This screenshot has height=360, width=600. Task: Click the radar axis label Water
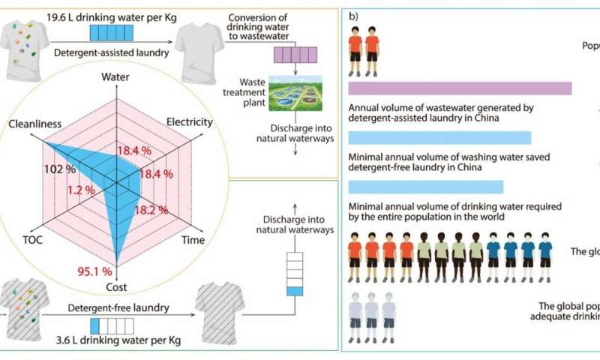[x=115, y=77]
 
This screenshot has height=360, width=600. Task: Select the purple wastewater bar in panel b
[x=460, y=88]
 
